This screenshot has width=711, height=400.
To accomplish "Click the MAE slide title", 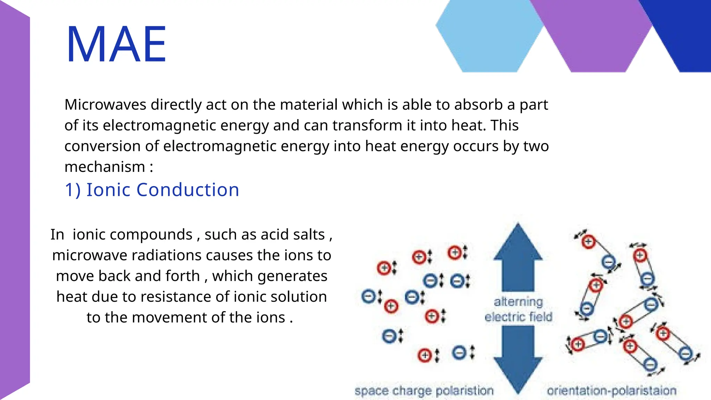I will (116, 44).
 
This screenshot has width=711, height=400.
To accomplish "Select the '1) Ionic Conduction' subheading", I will (152, 190).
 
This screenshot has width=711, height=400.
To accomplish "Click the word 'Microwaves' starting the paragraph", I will (105, 105).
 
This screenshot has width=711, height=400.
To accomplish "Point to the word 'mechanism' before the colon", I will (105, 167).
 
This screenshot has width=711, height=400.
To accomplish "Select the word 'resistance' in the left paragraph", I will (176, 297).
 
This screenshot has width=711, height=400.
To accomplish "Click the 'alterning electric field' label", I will (518, 309).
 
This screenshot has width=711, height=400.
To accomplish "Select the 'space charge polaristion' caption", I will (424, 391).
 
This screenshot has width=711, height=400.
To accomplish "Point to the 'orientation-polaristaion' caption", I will (612, 391).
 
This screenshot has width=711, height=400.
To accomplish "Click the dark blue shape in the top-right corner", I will (684, 31).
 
